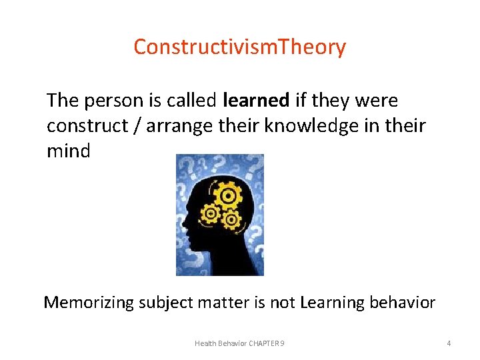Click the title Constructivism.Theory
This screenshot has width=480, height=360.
(239, 47)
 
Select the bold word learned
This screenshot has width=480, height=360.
(256, 101)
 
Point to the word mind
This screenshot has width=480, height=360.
(68, 151)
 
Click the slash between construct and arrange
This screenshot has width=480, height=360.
(137, 126)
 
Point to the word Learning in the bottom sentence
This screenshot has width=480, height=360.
(331, 303)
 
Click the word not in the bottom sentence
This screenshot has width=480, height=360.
(283, 303)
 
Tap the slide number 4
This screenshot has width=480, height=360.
(449, 343)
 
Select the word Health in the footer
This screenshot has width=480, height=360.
(206, 343)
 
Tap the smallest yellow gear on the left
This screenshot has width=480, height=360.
(211, 213)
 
